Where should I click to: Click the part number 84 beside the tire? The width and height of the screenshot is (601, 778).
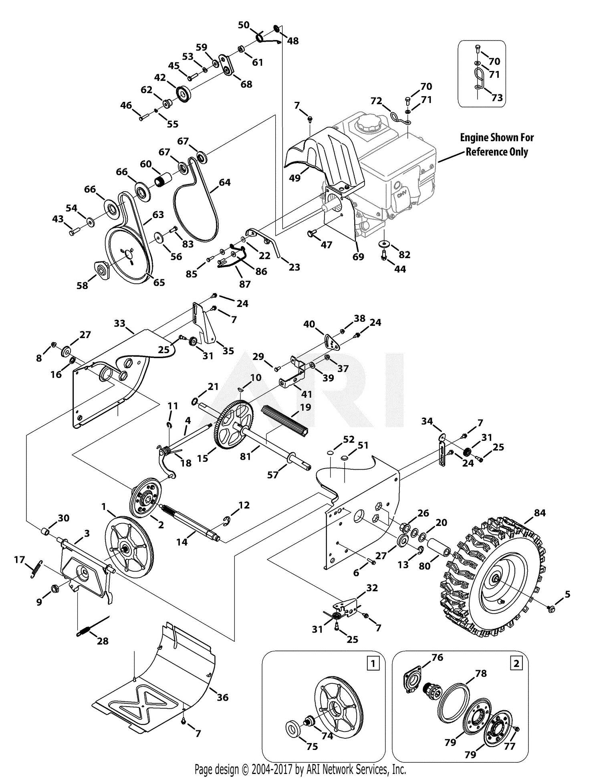click(540, 513)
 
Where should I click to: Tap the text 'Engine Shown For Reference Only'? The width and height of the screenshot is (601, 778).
click(496, 145)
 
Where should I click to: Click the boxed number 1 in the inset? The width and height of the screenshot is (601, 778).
click(373, 663)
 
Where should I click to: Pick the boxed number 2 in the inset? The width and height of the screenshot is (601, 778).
click(516, 663)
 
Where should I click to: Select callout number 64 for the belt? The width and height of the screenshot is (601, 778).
click(224, 182)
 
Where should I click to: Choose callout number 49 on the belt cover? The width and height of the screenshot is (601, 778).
click(294, 178)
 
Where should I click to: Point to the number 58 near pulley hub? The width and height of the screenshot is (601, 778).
click(82, 285)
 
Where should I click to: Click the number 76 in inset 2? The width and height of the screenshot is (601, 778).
click(437, 657)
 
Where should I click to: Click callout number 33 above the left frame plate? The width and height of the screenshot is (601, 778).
click(119, 323)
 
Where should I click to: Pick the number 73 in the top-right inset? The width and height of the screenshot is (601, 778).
click(497, 97)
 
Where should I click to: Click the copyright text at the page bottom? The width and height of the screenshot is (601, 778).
click(300, 769)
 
